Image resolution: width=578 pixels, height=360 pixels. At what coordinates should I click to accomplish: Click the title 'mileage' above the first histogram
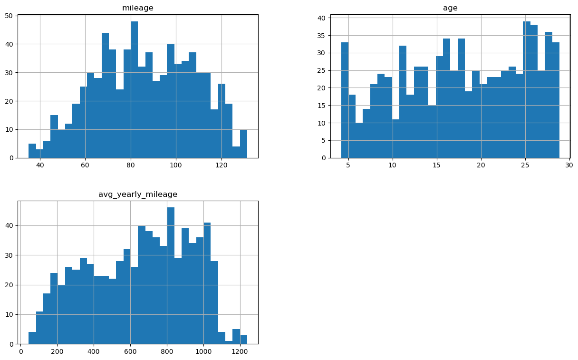pos(138,8)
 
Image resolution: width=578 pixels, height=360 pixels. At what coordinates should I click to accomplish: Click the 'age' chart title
pos(450,8)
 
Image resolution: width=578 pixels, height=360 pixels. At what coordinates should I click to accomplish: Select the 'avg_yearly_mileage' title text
pos(138,194)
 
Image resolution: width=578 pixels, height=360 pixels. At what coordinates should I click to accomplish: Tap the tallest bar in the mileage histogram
pos(135,90)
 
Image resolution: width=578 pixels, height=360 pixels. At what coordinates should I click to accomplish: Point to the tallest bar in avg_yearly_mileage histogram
pos(171,276)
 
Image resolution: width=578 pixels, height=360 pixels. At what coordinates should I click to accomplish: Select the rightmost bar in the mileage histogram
pos(243,144)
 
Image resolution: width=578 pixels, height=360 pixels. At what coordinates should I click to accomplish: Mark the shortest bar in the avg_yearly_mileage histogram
pos(229,342)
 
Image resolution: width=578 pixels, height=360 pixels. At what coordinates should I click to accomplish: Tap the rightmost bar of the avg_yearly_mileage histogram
pos(243,340)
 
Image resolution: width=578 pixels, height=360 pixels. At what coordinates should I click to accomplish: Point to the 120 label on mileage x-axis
pos(221,165)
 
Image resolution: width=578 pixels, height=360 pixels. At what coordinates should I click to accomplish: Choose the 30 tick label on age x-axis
pos(569,165)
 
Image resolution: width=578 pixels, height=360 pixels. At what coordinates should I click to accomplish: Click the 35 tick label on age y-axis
pos(322,36)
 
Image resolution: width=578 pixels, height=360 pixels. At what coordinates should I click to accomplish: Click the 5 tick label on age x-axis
pos(348,165)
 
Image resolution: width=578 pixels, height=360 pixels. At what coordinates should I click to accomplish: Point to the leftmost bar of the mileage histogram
pos(32,151)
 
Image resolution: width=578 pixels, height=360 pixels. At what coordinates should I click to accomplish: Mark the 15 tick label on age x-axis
pos(437,165)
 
